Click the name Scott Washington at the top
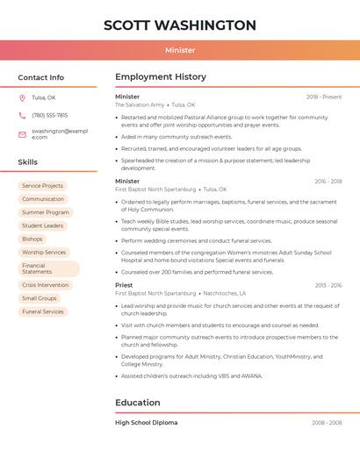point(180,25)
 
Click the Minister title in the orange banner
point(180,50)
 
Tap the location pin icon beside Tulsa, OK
point(22,97)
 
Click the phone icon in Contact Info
point(22,115)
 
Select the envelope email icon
point(22,134)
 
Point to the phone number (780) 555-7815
point(49,115)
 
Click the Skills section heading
point(28,162)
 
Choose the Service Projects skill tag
point(42,186)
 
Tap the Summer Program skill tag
point(46,212)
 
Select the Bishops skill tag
point(32,239)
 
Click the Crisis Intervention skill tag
point(45,285)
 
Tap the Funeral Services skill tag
point(43,311)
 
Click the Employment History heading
point(161,77)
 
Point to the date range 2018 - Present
point(324,97)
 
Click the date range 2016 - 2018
point(328,182)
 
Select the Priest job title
point(124,285)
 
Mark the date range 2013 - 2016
point(328,285)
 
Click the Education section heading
point(138,403)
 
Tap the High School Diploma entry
point(146,423)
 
